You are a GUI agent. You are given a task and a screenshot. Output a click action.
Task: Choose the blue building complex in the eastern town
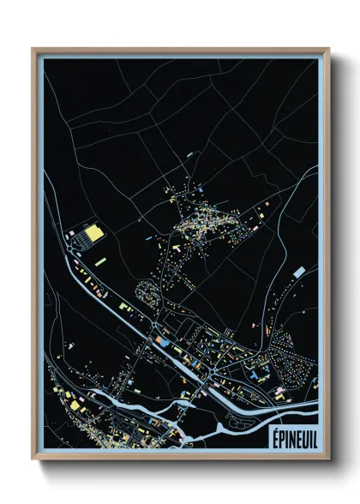coord(256,374)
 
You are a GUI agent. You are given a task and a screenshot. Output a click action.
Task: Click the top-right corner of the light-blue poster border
coord(321,57)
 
